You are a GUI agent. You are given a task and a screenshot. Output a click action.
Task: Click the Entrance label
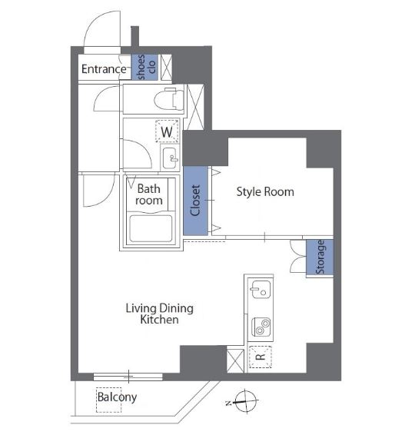(104, 69)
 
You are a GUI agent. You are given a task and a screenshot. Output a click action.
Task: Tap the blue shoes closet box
(142, 68)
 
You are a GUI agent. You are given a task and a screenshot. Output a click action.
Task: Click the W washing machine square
(166, 131)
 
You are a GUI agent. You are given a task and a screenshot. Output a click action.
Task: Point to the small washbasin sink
(169, 158)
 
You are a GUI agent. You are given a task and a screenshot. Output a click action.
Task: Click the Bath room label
(149, 194)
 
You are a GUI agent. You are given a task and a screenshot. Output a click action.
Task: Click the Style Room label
(264, 191)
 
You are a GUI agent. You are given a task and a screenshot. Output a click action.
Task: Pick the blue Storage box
(319, 257)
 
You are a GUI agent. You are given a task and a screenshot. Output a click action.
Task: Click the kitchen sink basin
(260, 291)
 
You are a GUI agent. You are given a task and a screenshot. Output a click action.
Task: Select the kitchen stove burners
(261, 326)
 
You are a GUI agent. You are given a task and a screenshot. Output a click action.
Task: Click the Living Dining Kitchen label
(159, 314)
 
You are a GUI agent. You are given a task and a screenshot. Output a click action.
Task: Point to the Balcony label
(117, 397)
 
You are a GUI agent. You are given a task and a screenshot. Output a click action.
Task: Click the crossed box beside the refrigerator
(236, 359)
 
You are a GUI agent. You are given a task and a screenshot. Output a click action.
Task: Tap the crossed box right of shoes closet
(164, 66)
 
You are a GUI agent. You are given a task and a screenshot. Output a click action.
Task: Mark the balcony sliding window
(128, 376)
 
